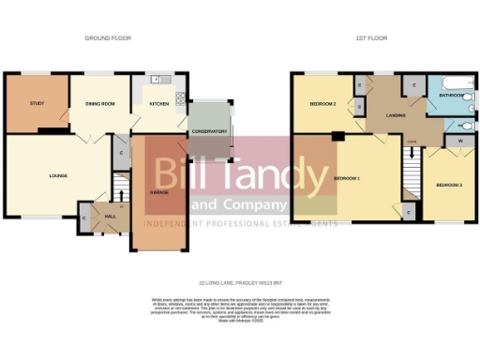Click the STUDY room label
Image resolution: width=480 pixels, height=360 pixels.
point(37,103)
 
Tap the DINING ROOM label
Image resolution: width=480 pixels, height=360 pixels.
point(98,104)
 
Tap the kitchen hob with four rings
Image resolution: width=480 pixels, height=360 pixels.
point(179,95)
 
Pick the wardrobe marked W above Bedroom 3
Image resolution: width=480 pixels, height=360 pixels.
point(459,142)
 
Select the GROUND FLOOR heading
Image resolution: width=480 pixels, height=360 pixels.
point(108,38)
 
